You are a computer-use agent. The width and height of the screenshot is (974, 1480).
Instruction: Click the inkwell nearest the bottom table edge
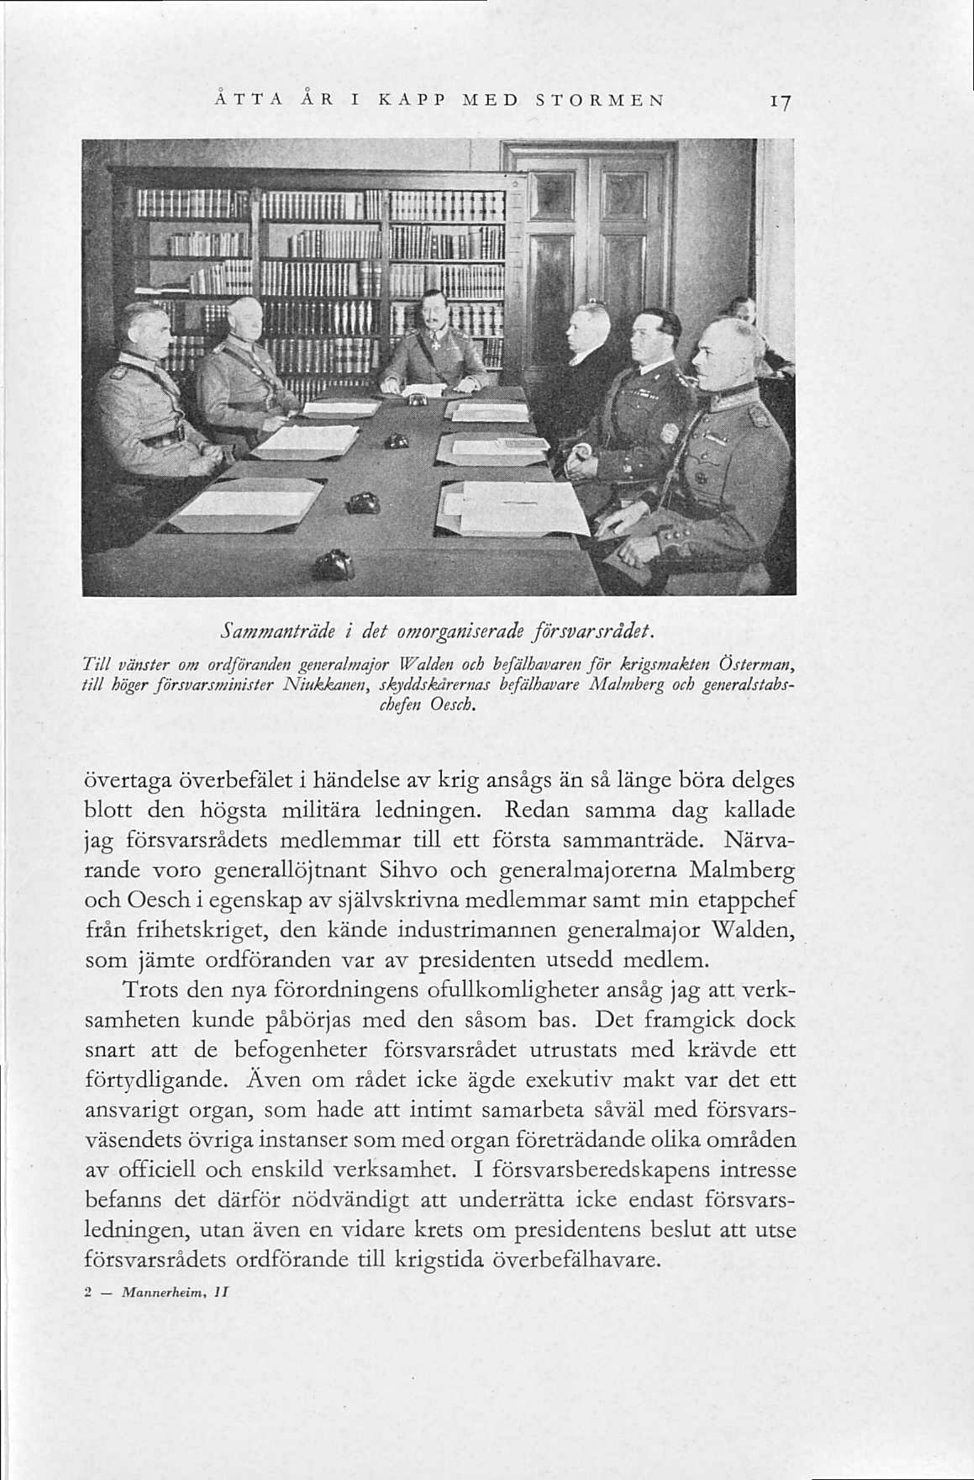coord(333,565)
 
